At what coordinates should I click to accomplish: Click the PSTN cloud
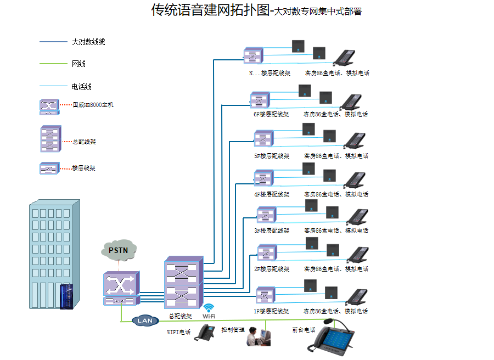118,250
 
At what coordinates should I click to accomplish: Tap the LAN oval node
145,320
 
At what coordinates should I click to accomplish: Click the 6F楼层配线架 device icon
260,100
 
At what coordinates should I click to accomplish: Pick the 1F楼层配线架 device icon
265,295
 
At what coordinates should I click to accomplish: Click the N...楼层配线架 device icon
254,55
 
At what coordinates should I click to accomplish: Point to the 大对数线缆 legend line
53,42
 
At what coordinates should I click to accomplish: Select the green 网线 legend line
53,64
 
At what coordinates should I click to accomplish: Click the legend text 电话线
81,87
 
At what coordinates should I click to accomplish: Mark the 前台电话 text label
304,330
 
